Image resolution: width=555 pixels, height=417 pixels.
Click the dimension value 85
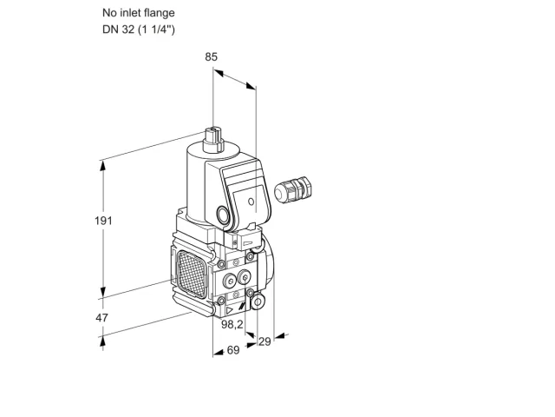tap(211, 56)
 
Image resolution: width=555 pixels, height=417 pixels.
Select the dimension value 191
tap(103, 221)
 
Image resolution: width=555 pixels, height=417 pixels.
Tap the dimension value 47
tap(102, 318)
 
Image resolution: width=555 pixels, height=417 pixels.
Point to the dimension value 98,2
tap(232, 324)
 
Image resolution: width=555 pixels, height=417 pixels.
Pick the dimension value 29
tap(264, 341)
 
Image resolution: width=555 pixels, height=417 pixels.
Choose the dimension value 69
tap(233, 350)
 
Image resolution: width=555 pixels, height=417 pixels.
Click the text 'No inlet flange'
tap(139, 13)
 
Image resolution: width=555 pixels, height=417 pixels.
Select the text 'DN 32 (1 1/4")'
tap(139, 29)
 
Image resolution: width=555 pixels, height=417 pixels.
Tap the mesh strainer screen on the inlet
tap(193, 275)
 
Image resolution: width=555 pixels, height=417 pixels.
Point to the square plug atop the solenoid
tap(213, 140)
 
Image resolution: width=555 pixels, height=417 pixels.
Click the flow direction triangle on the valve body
tap(229, 311)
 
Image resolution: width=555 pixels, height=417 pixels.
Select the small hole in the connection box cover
tap(251, 202)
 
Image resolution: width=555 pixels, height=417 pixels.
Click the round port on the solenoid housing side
tap(223, 215)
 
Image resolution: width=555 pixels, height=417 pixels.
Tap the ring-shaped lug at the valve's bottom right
tap(258, 301)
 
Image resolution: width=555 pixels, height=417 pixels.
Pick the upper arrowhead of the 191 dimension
tap(103, 167)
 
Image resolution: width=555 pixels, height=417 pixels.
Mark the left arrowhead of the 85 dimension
tap(219, 73)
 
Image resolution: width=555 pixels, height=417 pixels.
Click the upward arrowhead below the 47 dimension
tap(102, 341)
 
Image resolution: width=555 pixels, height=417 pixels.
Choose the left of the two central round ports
tap(230, 281)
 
